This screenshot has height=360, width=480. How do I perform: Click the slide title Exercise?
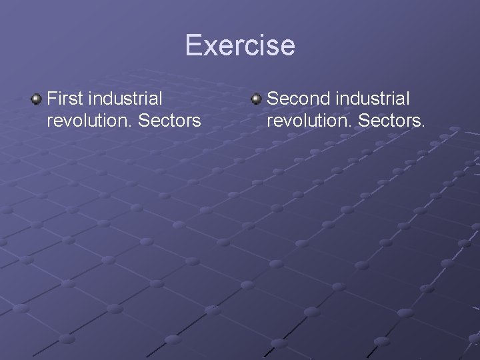click(x=240, y=45)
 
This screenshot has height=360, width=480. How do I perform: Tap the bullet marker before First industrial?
click(x=35, y=99)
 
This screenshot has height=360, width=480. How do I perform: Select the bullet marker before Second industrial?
click(x=256, y=99)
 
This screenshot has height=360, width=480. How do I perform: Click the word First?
click(x=65, y=99)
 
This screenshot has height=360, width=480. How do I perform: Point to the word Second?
click(x=298, y=99)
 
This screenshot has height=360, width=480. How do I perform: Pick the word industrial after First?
click(x=125, y=99)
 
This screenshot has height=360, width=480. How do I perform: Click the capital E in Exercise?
click(x=194, y=45)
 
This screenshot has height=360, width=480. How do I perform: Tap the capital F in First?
click(x=53, y=99)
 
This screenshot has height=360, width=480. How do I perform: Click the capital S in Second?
click(x=273, y=99)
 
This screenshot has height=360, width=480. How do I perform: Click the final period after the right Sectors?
click(x=423, y=127)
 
